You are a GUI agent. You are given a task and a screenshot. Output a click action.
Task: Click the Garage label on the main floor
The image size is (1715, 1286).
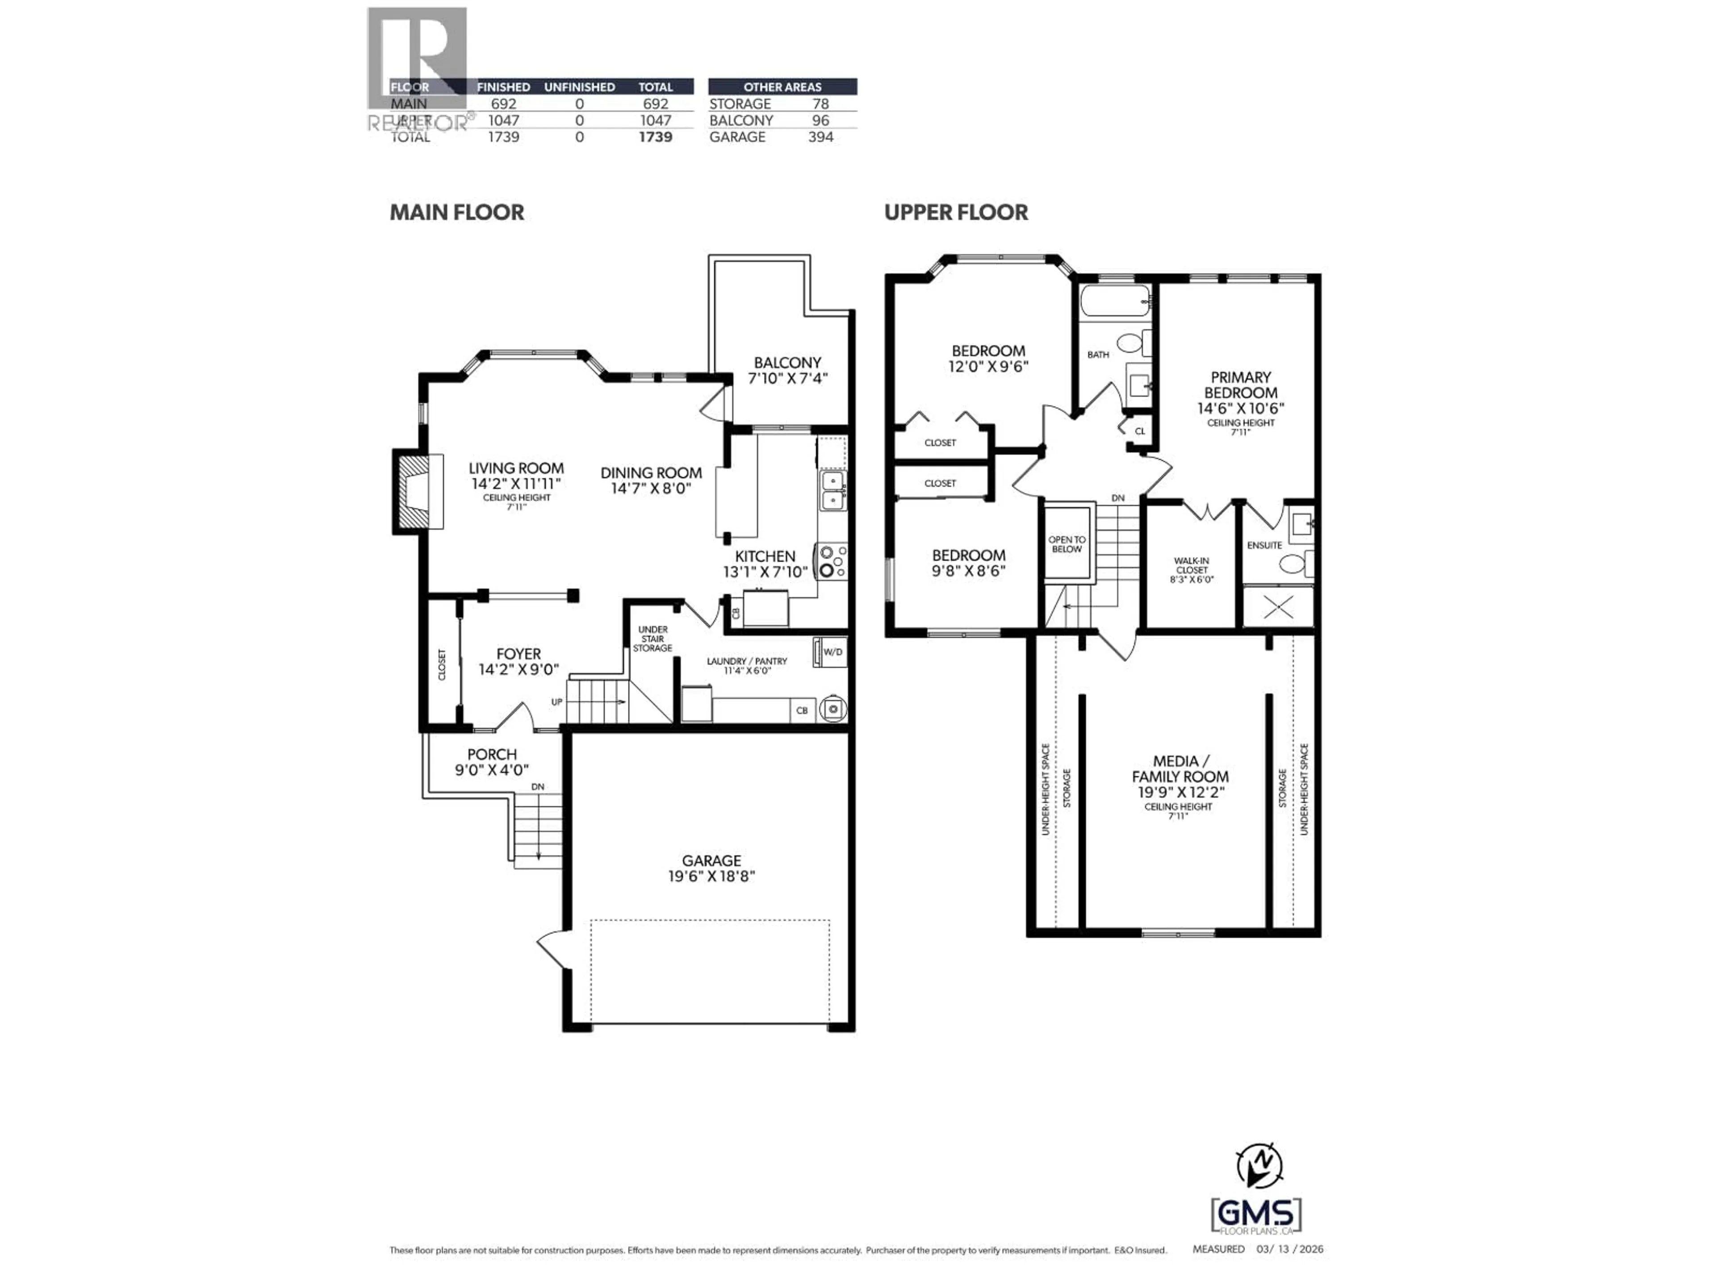[711, 860]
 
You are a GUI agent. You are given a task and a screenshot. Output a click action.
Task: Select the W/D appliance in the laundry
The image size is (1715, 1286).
[830, 652]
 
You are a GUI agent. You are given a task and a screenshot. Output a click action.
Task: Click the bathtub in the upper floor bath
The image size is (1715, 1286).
[1114, 301]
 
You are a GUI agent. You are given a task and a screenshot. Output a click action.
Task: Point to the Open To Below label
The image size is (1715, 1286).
[1067, 544]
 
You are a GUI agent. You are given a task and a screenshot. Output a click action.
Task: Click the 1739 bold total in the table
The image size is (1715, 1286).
[655, 137]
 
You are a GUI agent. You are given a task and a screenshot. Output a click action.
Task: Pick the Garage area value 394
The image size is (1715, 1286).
[820, 137]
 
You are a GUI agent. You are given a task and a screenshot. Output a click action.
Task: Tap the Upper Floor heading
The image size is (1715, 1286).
[956, 213]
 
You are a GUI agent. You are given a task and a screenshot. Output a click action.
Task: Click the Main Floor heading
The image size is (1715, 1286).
[456, 213]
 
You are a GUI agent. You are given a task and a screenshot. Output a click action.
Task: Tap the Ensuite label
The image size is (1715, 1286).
[1264, 545]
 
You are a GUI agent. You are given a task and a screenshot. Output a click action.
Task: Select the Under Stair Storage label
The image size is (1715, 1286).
[653, 639]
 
